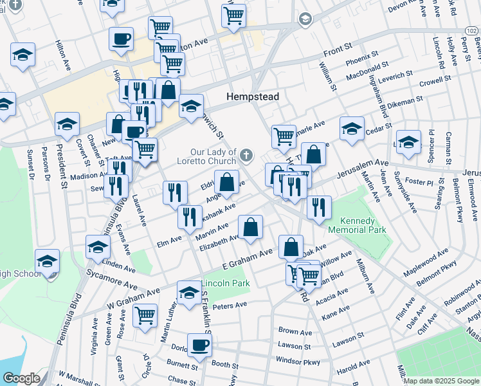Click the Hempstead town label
click(x=253, y=96)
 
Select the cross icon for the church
click(x=246, y=155)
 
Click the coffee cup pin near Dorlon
click(x=199, y=345)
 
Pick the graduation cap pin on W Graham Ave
click(x=188, y=292)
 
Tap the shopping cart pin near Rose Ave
click(x=145, y=315)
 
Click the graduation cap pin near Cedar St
click(x=352, y=128)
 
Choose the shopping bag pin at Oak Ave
click(x=291, y=246)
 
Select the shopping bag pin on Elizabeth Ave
click(x=250, y=226)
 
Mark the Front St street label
click(x=338, y=48)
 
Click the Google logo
click(x=21, y=378)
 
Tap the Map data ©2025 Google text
click(x=442, y=381)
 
